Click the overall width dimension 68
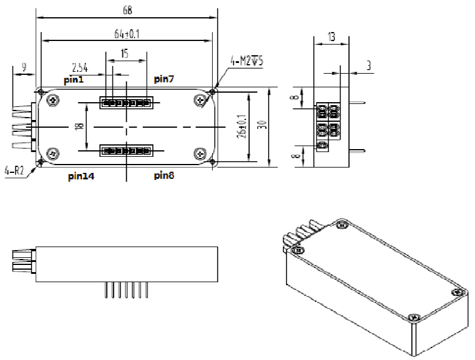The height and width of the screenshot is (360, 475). click(x=127, y=10)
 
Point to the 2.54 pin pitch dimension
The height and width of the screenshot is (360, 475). click(x=81, y=67)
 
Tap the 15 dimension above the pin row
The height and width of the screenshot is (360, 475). click(x=124, y=53)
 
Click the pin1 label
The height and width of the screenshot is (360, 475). click(x=75, y=79)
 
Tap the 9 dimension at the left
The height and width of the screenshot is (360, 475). click(x=23, y=68)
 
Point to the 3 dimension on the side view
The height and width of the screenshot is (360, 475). click(x=368, y=65)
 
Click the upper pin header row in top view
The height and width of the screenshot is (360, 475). click(x=126, y=103)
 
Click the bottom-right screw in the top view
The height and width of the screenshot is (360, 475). click(x=199, y=153)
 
